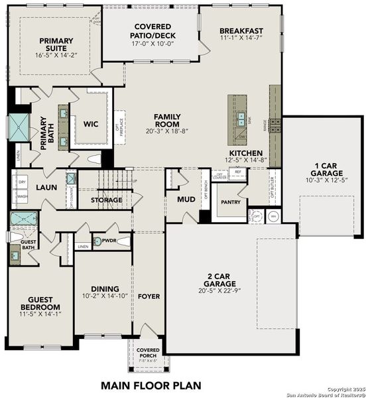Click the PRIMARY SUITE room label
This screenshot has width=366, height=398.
click(x=56, y=44)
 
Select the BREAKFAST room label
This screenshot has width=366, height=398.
click(x=241, y=31)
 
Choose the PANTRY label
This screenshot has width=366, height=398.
click(x=230, y=202)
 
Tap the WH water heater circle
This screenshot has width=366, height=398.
click(x=273, y=216)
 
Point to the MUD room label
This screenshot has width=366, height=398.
click(x=186, y=198)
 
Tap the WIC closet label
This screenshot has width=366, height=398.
click(x=90, y=123)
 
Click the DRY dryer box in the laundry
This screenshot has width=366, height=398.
click(x=21, y=182)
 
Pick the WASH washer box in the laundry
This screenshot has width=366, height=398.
click(x=21, y=197)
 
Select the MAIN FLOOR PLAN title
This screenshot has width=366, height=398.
click(x=151, y=384)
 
